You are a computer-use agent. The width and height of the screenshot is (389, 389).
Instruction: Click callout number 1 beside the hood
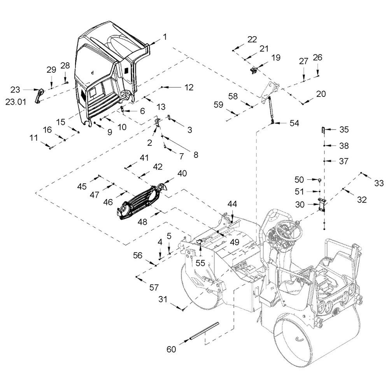(165, 37)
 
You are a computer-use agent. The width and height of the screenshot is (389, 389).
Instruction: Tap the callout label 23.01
(16, 102)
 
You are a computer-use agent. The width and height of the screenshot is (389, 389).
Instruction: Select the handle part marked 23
(39, 95)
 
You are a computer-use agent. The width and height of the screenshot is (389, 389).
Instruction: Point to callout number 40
(182, 173)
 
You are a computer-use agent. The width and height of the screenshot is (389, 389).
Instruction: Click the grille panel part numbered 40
(141, 202)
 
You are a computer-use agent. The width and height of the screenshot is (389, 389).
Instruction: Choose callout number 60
(171, 349)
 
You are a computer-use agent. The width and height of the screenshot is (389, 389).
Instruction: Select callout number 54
(294, 123)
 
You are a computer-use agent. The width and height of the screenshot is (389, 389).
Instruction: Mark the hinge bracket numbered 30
(322, 205)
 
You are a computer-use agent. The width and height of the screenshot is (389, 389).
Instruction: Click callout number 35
(344, 129)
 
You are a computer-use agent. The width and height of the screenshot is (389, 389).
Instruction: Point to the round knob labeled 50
(320, 180)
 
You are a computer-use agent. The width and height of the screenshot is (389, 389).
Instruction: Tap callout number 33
(379, 183)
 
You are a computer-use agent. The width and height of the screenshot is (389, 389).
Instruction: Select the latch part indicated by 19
(253, 70)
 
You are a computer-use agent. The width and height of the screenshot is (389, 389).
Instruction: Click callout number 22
(252, 39)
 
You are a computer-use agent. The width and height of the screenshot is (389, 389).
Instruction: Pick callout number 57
(154, 287)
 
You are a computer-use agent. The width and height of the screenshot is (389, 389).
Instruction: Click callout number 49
(235, 242)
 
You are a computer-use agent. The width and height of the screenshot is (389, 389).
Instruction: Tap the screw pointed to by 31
(183, 309)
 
